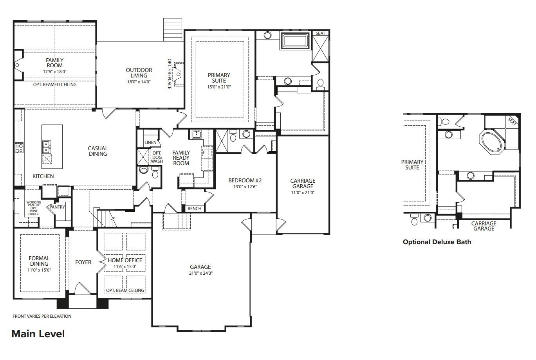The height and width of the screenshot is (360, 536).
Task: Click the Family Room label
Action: pos(54,63)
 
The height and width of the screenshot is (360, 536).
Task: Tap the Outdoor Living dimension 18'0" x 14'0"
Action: pos(139,82)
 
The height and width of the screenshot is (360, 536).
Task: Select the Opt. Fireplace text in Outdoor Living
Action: pos(170,74)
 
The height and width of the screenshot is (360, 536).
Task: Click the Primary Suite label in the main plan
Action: pos(219,78)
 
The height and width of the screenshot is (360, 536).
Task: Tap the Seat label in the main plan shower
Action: pos(320,34)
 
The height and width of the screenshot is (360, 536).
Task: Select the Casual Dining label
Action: pos(97,151)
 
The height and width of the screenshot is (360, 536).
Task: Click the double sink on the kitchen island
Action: pos(46,147)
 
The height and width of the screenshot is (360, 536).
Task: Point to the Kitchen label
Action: pos(43,176)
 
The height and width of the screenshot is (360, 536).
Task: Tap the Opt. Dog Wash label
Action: pos(157,157)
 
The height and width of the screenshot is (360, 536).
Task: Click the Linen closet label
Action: pos(150,142)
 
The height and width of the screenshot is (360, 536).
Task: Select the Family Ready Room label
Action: pos(181,158)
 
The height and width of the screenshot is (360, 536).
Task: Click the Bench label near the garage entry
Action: pos(194,209)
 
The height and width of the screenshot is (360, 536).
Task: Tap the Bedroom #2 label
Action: pos(245,180)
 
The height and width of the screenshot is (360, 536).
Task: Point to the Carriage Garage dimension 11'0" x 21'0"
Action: pos(303,193)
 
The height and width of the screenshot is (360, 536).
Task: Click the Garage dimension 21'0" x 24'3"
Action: pos(200,273)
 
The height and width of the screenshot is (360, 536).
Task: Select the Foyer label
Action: pos(83,262)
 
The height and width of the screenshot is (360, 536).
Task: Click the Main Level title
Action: pos(38,334)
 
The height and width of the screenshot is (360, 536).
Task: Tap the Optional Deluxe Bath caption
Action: pos(437,242)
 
